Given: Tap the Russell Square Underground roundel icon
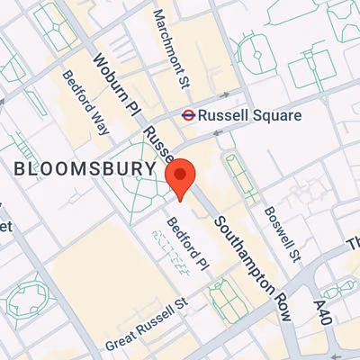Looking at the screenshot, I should [x=187, y=115].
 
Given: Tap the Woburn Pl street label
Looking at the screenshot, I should [x=115, y=84].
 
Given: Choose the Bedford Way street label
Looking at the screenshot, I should [x=86, y=103].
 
